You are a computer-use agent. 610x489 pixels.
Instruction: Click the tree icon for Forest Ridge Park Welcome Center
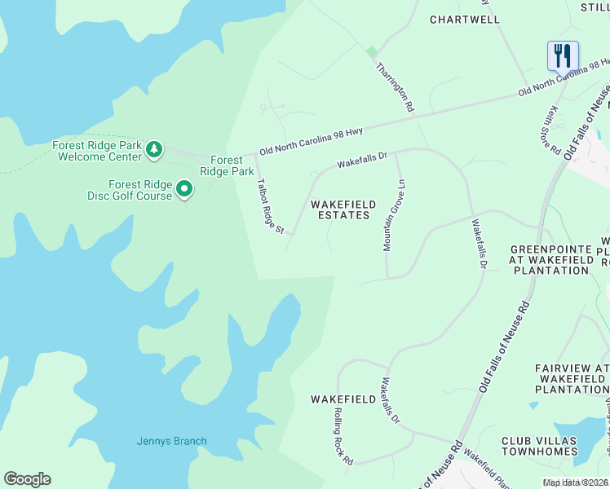tap(153, 149)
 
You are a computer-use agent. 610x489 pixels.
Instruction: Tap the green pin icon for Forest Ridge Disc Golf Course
tap(185, 190)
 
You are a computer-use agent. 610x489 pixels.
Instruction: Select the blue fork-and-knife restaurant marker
tap(563, 55)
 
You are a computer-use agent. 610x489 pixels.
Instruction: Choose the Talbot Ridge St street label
tap(269, 207)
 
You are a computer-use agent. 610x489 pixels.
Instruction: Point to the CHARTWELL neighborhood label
tap(464, 19)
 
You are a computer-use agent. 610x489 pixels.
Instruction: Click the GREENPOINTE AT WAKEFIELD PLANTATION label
tap(550, 259)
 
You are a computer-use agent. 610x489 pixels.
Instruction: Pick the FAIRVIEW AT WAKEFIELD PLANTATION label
tap(572, 379)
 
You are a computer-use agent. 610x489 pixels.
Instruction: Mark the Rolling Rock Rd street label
tap(343, 437)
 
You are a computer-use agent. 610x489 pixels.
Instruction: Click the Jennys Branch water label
tap(171, 442)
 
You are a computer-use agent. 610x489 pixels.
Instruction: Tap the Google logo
tap(27, 479)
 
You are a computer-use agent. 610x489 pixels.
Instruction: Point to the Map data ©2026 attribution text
tap(574, 482)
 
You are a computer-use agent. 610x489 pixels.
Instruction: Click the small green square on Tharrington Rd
tap(372, 51)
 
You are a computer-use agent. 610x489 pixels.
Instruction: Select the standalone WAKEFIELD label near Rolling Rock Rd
tap(343, 399)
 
